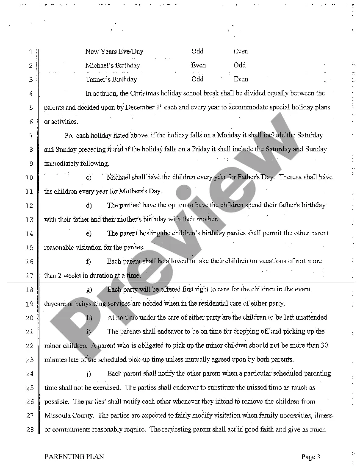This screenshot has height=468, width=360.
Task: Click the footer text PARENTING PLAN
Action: [74, 457]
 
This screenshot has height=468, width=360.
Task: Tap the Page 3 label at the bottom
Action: [310, 457]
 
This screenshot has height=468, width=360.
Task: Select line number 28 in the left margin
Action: [30, 429]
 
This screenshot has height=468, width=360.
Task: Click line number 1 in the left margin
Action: [31, 52]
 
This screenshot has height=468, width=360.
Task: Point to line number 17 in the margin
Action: [30, 276]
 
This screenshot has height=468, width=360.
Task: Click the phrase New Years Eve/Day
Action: [114, 52]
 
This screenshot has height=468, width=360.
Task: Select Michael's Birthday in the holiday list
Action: [112, 65]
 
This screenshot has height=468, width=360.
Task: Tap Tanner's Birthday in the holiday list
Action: [111, 79]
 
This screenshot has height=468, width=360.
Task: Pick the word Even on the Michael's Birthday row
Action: [198, 65]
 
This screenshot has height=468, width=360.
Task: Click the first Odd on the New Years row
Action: [197, 51]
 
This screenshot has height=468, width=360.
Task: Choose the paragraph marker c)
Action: [89, 177]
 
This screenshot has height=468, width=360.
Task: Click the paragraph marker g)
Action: [89, 290]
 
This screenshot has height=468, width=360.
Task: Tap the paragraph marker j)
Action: [89, 374]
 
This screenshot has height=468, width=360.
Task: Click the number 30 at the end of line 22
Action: [324, 345]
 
